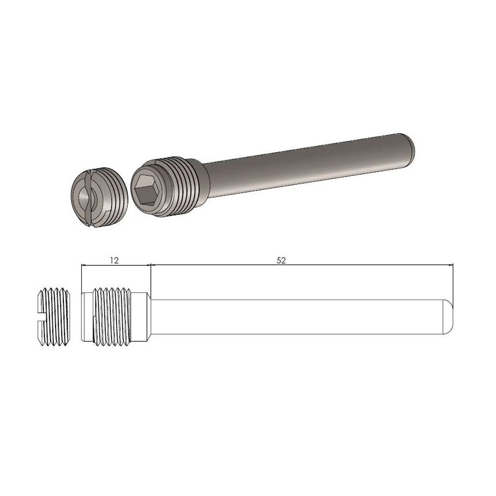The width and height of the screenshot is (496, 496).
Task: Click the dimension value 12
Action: (115, 260)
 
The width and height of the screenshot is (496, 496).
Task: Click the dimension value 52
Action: (281, 260)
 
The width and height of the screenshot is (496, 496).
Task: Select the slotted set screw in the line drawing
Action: (54, 316)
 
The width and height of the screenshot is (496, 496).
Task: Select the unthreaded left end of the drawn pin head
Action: (87, 316)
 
